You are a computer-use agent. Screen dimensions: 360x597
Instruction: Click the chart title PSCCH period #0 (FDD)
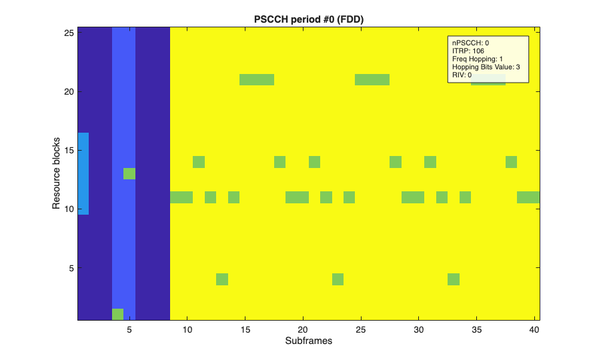pyautogui.click(x=308, y=20)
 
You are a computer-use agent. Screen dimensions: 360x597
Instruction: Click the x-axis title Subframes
pyautogui.click(x=308, y=341)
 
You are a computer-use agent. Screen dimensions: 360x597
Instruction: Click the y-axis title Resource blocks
pyautogui.click(x=57, y=173)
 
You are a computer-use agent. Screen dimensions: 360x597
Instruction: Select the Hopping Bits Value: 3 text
pyautogui.click(x=486, y=67)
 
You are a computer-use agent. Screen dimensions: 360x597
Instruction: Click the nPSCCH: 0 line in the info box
pyautogui.click(x=470, y=43)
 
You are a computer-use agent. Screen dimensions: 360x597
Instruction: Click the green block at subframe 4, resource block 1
pyautogui.click(x=118, y=314)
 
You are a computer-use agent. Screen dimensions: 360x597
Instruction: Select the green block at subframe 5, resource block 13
pyautogui.click(x=129, y=173)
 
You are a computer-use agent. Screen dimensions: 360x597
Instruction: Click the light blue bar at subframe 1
pyautogui.click(x=83, y=173)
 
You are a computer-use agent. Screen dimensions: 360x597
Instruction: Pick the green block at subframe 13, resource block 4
pyautogui.click(x=222, y=279)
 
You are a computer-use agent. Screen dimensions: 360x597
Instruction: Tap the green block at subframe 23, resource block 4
pyautogui.click(x=338, y=279)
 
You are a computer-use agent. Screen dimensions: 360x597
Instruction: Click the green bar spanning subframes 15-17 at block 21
pyautogui.click(x=257, y=80)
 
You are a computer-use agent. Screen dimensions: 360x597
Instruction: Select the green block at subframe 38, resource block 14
pyautogui.click(x=511, y=162)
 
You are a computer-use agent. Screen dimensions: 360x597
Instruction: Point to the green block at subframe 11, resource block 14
pyautogui.click(x=199, y=162)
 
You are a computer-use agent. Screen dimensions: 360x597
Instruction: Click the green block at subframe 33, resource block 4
pyautogui.click(x=454, y=279)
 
